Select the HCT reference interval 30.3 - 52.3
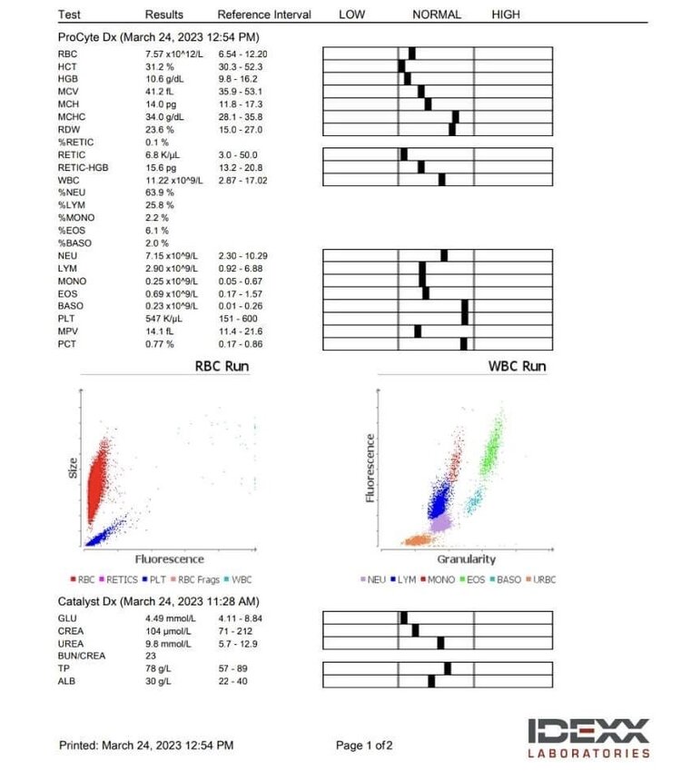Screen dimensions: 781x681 248,66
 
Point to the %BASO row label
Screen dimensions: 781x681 76,243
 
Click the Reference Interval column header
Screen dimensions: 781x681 264,15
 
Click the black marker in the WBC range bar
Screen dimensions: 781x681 441,180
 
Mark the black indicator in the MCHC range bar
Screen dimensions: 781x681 456,116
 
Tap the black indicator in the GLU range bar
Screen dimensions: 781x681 404,618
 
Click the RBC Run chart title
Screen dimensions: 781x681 222,366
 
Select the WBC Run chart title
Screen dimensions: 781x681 517,366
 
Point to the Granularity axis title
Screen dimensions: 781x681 466,559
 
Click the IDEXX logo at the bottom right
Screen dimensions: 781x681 589,737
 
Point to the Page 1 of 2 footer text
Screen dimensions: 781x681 364,746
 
